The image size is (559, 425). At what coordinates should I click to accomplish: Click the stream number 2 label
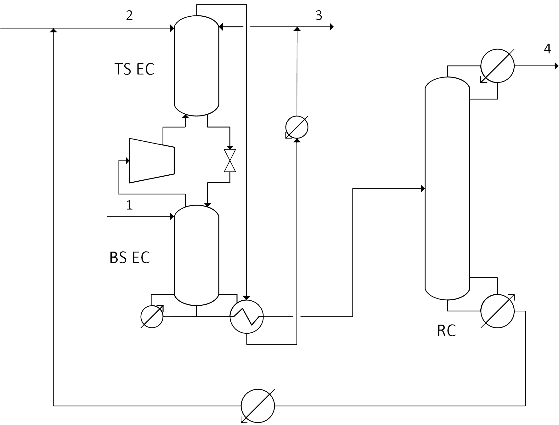point(129,15)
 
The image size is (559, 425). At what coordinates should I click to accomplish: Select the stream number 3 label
point(319,15)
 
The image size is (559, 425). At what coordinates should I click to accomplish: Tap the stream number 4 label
point(548,49)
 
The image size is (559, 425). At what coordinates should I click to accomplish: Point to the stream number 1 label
point(129,205)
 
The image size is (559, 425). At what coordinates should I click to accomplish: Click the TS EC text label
point(135,69)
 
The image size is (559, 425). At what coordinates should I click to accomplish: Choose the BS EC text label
point(130,258)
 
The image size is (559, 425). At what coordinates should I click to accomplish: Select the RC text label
point(447,331)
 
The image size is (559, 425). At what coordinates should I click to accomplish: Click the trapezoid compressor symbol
point(152,160)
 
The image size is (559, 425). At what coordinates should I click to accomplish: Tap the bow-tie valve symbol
point(230,161)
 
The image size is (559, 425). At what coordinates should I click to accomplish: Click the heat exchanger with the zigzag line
point(247,316)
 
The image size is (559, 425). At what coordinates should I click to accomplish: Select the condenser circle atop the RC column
point(497,66)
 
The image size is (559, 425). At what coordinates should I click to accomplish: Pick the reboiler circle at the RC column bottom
point(497,311)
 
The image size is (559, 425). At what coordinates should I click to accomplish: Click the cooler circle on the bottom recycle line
point(258,405)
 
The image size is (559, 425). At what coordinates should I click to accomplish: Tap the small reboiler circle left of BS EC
point(152,316)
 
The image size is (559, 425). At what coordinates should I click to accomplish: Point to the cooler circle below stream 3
point(297,127)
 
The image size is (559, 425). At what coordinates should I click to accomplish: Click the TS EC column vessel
point(196,66)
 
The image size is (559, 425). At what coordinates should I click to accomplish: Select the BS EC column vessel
point(196,255)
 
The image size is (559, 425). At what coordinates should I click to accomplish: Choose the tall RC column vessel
point(447,188)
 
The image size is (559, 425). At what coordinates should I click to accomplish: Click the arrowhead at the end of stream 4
point(556,66)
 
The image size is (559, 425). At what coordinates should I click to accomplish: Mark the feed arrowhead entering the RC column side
point(423,189)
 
